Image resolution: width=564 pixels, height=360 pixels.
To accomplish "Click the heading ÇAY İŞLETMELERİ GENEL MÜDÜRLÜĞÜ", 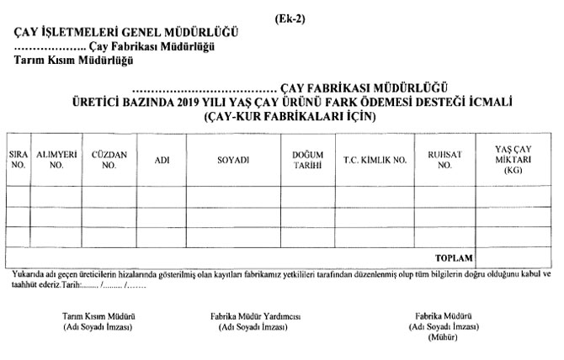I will (126, 33).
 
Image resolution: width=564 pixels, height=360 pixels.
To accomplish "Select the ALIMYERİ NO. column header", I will (56, 160).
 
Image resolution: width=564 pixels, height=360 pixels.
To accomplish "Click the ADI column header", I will (162, 159).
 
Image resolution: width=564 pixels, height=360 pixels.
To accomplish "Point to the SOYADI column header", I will (233, 159).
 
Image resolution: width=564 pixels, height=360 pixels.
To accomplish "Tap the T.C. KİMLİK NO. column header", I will (375, 159).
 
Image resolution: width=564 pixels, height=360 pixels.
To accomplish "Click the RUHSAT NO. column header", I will (444, 160).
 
